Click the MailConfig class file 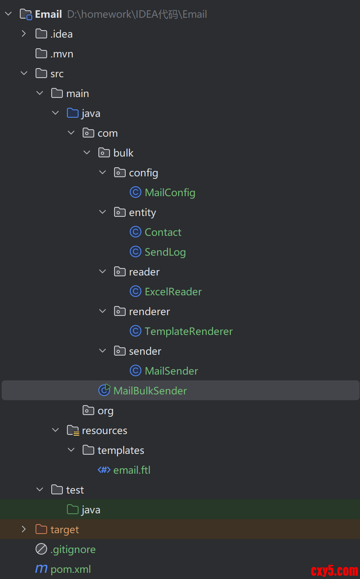170,193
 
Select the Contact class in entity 163,233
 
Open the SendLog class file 165,252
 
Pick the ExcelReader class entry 173,292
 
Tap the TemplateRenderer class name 188,332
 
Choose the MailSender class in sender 171,371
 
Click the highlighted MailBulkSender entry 150,391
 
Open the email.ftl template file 131,470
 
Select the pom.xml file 70,570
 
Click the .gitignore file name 73,550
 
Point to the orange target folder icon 41,529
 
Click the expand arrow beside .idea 24,34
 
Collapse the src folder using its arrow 24,74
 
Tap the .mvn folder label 62,54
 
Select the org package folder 105,411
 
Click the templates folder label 121,451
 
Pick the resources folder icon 73,431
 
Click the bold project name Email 48,14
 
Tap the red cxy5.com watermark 334,571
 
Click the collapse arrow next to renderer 103,311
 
